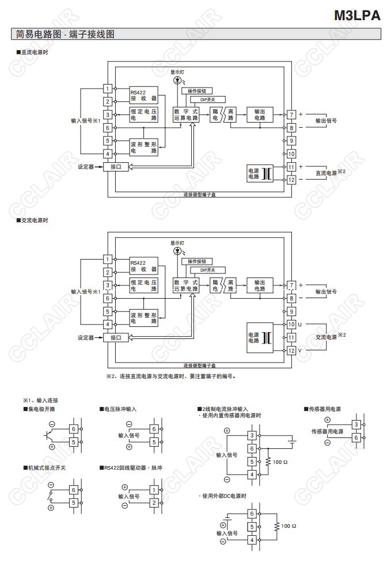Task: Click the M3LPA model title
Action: (x=358, y=16)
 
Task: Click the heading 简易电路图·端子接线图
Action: (x=63, y=35)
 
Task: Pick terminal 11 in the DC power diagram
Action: (x=291, y=167)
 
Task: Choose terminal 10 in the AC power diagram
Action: (x=291, y=325)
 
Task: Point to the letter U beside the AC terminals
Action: (x=300, y=325)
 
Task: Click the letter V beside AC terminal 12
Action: (x=300, y=351)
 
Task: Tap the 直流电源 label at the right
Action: (x=326, y=173)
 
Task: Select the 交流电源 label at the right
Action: (x=326, y=337)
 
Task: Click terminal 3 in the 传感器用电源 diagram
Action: (x=357, y=425)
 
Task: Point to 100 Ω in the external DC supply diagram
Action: (x=288, y=526)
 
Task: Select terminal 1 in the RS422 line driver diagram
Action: (x=154, y=490)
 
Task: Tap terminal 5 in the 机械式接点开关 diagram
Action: (x=74, y=502)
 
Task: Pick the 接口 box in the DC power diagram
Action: (x=116, y=167)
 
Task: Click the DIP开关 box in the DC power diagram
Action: (x=207, y=100)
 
